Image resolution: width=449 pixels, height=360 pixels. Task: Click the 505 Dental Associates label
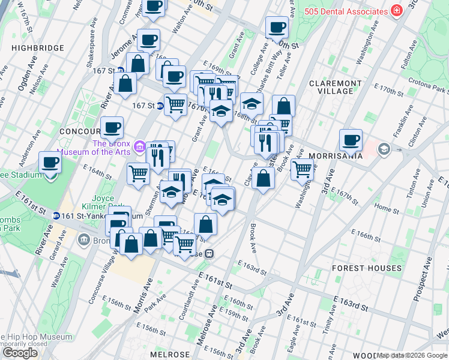click(345, 11)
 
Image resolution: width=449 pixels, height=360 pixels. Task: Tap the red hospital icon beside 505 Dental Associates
click(396, 11)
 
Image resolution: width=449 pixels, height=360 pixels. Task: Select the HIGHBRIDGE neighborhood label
click(37, 47)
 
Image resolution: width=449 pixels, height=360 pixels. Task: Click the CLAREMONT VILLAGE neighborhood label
click(335, 87)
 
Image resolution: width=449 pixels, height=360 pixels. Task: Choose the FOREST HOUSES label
click(367, 268)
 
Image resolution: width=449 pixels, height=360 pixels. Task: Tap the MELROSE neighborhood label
click(170, 355)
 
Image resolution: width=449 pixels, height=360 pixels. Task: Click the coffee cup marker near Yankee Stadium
click(50, 163)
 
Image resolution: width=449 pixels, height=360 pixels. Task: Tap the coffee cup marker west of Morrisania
click(351, 140)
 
